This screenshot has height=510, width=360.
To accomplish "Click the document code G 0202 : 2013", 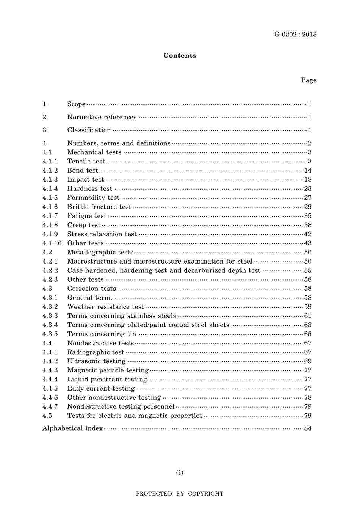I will pyautogui.click(x=295, y=35).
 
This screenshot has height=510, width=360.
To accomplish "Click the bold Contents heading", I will pyautogui.click(x=180, y=55).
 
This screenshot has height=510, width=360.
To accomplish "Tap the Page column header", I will pyautogui.click(x=308, y=80).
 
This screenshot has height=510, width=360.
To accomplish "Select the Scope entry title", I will pyautogui.click(x=76, y=104).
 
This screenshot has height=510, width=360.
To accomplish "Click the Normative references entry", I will pyautogui.click(x=102, y=117).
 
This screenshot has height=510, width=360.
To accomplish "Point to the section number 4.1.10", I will pyautogui.click(x=52, y=243).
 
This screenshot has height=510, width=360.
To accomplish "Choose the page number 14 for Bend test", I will pyautogui.click(x=308, y=170).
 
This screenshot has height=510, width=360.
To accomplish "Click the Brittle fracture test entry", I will pyautogui.click(x=99, y=207).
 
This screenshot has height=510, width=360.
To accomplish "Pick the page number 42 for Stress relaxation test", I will pyautogui.click(x=308, y=234).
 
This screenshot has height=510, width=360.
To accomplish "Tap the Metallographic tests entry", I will pyautogui.click(x=100, y=252).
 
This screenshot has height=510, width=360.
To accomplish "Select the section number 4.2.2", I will pyautogui.click(x=50, y=270).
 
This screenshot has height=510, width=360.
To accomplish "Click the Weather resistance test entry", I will pyautogui.click(x=105, y=307).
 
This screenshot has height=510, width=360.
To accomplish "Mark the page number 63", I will pyautogui.click(x=308, y=325).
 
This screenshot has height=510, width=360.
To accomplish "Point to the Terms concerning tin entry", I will pyautogui.click(x=102, y=334).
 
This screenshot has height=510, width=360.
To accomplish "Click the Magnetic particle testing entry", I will pyautogui.click(x=108, y=370).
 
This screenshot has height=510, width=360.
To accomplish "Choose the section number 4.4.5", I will pyautogui.click(x=50, y=388).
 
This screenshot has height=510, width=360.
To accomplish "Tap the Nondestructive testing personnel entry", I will pyautogui.click(x=121, y=406).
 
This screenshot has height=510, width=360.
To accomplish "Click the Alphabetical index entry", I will pyautogui.click(x=72, y=428).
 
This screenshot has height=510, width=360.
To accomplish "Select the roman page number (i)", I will pyautogui.click(x=180, y=472).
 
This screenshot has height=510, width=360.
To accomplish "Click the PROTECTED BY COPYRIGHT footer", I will pyautogui.click(x=180, y=494).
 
